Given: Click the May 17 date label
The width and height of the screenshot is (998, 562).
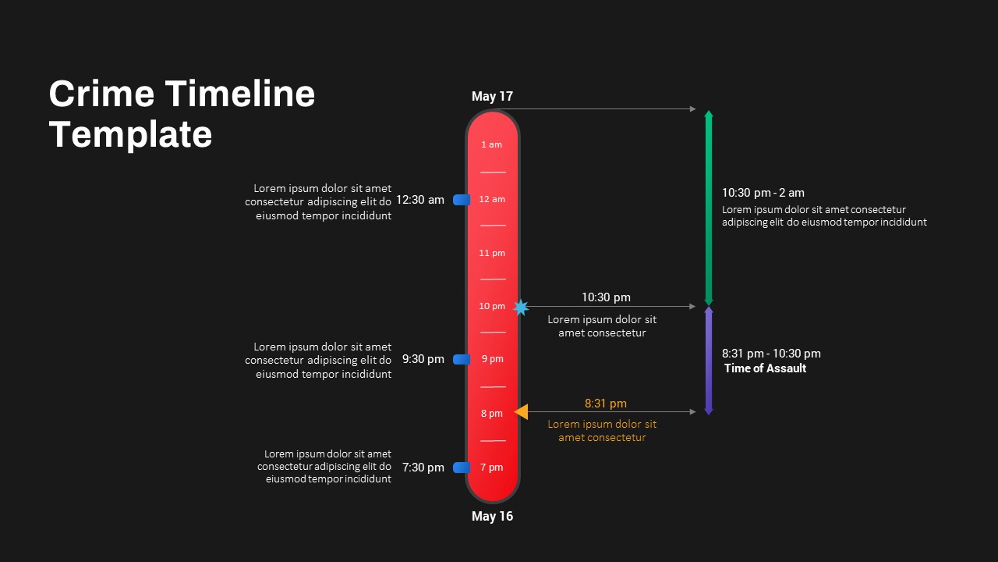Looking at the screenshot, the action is pos(492,97).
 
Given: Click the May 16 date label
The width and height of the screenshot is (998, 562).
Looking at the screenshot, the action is pos(492,516).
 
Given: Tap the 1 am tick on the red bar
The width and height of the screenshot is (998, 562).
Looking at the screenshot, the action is pos(491,144).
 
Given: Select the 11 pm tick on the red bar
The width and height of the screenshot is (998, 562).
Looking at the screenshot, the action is pos(492,253).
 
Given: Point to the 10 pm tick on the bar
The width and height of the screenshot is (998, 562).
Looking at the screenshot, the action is pos(492,306).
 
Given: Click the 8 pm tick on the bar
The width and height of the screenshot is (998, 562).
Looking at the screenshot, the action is pos(491,413).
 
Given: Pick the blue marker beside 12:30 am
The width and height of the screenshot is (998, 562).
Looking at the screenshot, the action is pos(462,200).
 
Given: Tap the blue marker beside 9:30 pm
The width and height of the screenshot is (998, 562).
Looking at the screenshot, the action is pos(462,359).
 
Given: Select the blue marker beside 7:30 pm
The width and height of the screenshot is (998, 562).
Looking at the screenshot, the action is pos(462,468).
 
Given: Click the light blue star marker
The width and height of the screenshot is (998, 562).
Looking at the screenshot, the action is pos(521,308).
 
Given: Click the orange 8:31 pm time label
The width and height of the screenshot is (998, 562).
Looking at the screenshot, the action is pos(606,404).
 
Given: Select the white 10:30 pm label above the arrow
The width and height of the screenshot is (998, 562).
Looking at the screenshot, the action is pos(606,297).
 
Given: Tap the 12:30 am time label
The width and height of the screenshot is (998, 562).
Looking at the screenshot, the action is pos(420,200).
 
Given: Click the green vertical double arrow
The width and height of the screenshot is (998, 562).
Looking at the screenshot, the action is pos(709,208).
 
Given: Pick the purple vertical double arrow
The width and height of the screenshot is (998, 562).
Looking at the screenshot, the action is pos(709,361).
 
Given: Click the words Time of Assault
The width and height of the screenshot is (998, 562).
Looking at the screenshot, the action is pos(765,368).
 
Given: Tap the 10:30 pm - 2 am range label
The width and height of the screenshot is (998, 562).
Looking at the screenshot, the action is pos(763,193).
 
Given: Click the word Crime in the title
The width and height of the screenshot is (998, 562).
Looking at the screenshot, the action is pos(101,94).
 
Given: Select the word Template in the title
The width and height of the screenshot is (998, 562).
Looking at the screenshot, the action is pos(130,134).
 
